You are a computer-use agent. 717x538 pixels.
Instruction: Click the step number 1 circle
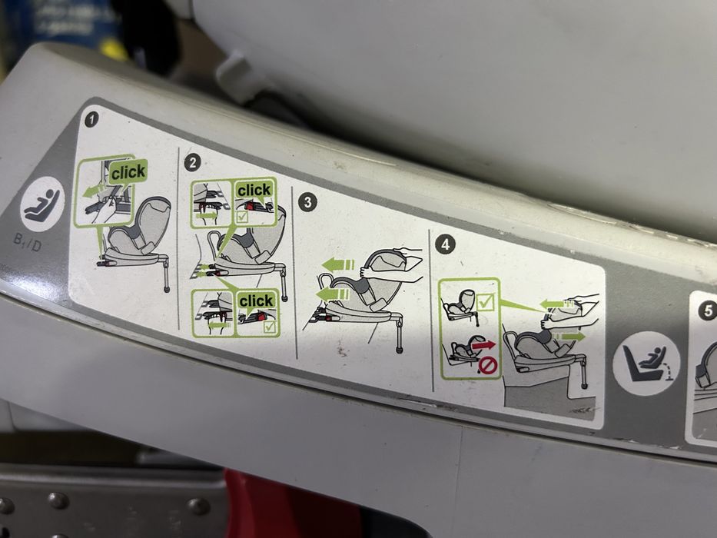(x=92, y=120)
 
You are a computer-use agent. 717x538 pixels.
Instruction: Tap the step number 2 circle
(x=194, y=163)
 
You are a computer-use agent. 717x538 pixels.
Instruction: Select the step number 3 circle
(x=307, y=203)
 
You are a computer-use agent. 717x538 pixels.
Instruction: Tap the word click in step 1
(x=128, y=173)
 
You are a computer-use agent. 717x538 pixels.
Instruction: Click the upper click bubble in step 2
(x=254, y=190)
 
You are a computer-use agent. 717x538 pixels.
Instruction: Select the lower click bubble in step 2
(x=256, y=301)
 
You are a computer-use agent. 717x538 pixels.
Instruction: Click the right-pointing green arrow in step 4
(x=569, y=336)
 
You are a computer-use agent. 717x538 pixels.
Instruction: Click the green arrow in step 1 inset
(x=95, y=189)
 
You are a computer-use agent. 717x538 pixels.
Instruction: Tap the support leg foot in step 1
(x=167, y=290)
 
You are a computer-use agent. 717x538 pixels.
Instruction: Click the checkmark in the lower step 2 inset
(x=271, y=328)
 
